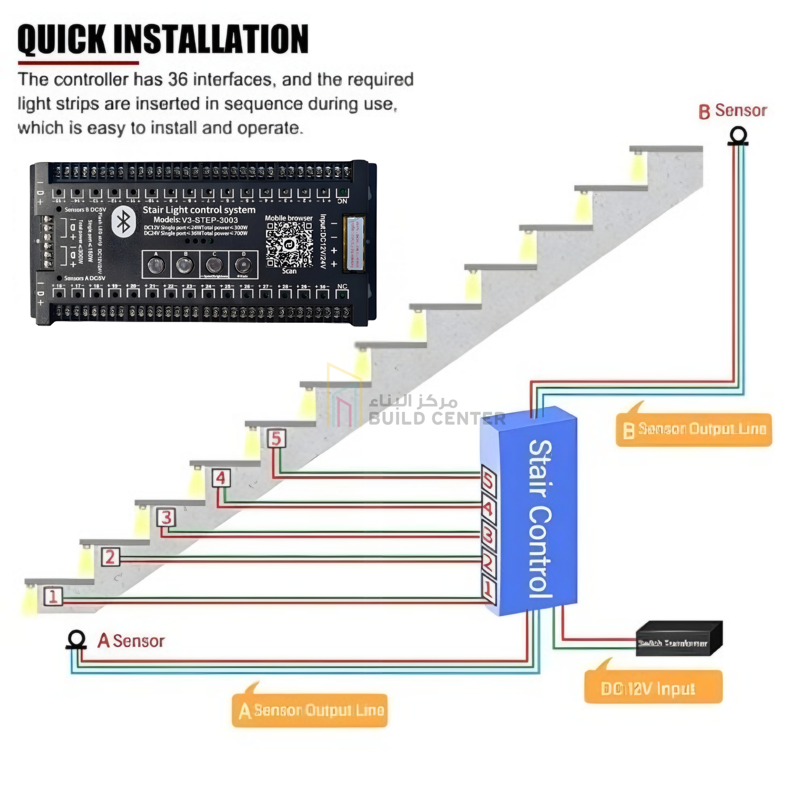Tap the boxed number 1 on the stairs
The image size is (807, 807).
[53, 596]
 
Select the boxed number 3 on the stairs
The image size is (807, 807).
[166, 518]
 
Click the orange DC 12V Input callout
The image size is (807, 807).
[653, 688]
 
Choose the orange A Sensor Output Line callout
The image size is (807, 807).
[310, 710]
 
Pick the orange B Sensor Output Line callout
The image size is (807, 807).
[694, 429]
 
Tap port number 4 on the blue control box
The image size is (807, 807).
[488, 508]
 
